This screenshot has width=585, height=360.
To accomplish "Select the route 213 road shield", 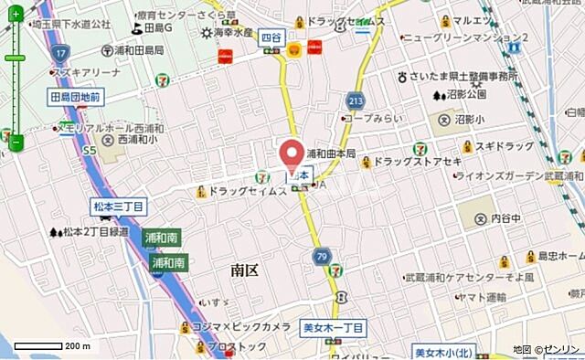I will [356, 100].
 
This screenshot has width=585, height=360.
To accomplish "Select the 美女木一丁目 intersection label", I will [334, 326].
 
